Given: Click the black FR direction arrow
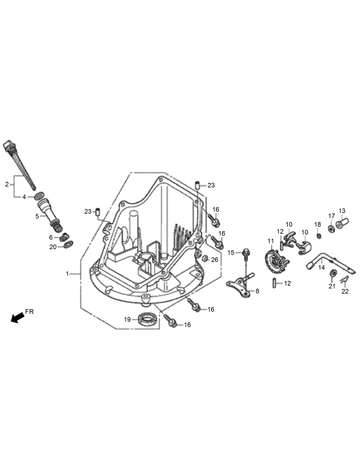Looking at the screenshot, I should point(17,318).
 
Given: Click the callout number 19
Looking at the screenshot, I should point(127,319).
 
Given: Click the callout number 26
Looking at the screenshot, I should point(214,260).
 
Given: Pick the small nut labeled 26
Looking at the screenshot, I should point(205,259).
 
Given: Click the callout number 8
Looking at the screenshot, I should point(257,291).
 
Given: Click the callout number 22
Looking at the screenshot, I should point(345,291).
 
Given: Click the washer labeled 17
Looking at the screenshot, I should point(331,229).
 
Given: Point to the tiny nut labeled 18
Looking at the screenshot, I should point(318,236).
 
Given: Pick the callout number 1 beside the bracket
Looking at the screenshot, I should point(67,274).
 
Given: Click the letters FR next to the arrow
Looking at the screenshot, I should point(29,312).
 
